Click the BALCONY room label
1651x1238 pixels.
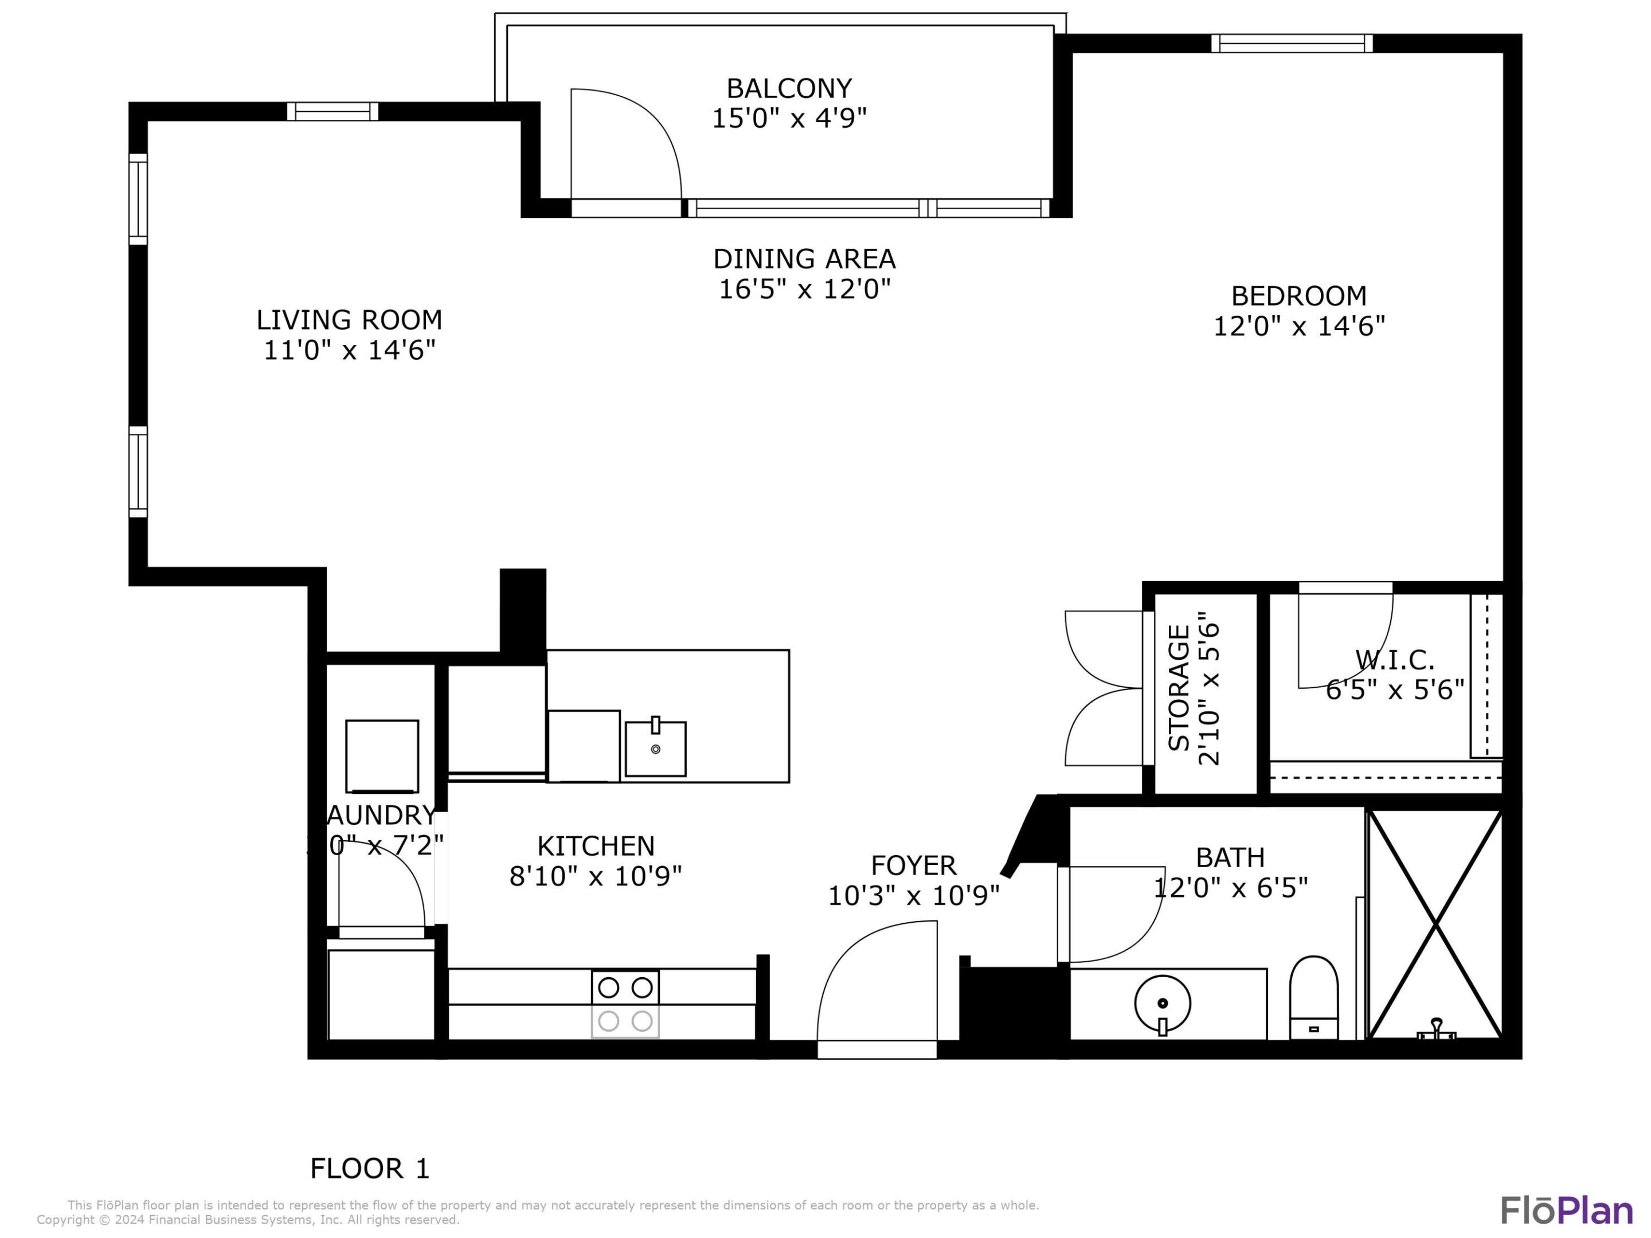pos(789,89)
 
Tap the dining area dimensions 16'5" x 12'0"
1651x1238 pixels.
pos(805,289)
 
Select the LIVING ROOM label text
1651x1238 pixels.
pos(349,320)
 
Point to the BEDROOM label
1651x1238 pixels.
pos(1298,296)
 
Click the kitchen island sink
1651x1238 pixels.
pos(655,749)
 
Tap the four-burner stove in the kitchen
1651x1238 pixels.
pos(625,1004)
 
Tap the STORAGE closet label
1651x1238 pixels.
pos(1179,688)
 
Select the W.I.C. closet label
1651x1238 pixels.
pos(1394,660)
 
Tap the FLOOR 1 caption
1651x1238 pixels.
pos(370,1169)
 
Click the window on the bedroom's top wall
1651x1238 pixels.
pos(1291,44)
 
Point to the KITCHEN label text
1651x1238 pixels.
pos(596,846)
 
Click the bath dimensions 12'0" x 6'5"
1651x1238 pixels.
pos(1231,888)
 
